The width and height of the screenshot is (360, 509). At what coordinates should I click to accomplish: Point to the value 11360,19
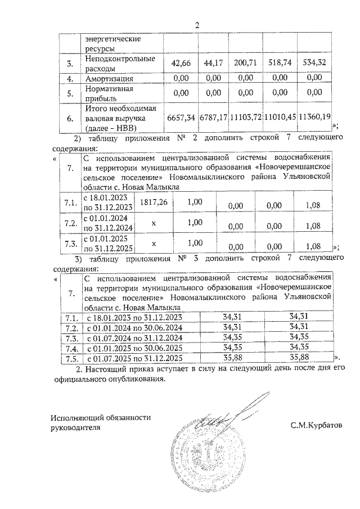click(314, 118)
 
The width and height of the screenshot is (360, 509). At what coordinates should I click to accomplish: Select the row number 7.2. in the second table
click(70, 223)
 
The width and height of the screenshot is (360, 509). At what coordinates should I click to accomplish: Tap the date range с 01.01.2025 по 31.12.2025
click(107, 244)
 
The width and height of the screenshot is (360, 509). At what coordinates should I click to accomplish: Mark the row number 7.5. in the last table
click(71, 357)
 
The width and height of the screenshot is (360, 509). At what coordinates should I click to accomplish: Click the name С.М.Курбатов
click(316, 426)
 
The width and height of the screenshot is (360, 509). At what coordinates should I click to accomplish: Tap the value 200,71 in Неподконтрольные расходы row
click(246, 64)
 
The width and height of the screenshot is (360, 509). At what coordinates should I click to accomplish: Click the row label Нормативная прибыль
click(109, 93)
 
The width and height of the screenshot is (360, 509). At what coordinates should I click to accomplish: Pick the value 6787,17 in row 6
click(213, 118)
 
